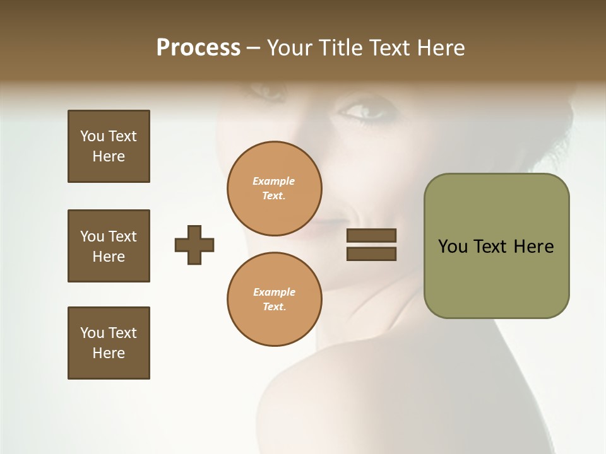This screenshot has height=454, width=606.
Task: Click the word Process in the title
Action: coord(198,48)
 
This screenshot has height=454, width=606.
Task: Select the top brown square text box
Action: coord(109,146)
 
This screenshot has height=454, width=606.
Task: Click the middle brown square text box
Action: coord(109,246)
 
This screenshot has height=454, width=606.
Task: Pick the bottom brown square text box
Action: coord(109,342)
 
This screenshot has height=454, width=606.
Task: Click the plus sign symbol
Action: coord(194,245)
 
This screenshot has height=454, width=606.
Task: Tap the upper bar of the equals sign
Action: coord(371,235)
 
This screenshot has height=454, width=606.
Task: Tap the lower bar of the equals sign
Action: coord(371,254)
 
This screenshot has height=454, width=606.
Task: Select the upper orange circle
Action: coord(274,188)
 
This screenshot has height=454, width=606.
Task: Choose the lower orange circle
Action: coord(274,299)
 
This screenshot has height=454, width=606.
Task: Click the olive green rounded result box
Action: coord(496,245)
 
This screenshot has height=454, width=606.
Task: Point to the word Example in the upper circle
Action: coord(274,181)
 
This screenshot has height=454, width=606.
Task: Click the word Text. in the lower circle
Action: coord(274,306)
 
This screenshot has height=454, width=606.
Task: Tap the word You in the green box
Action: coord(453,246)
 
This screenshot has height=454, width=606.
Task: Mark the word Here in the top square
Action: coord(109,156)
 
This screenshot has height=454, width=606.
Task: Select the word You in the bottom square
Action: coord(92,332)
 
